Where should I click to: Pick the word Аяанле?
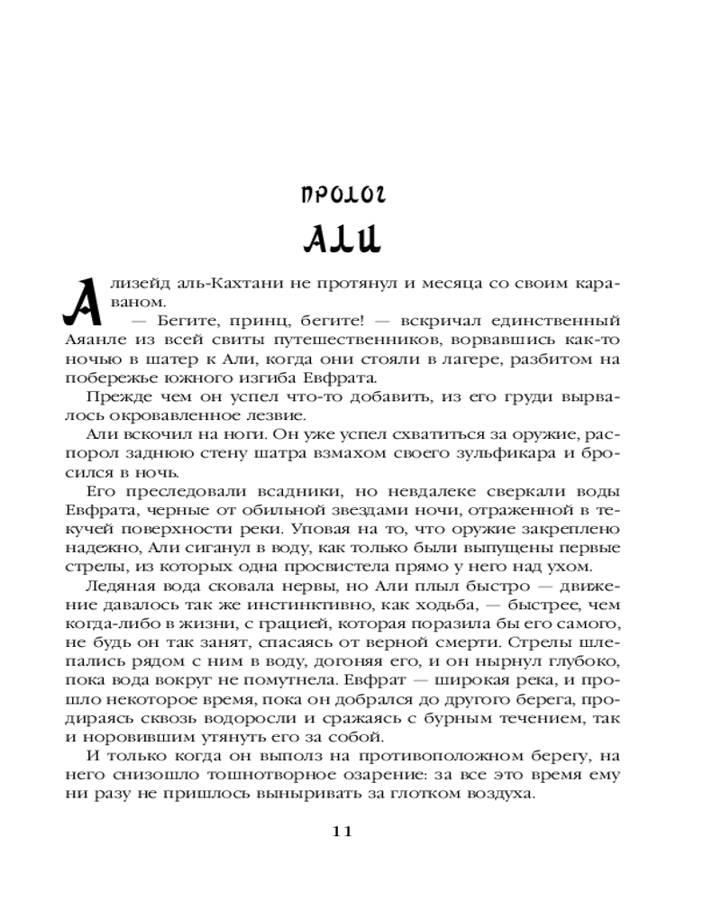(119, 341)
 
